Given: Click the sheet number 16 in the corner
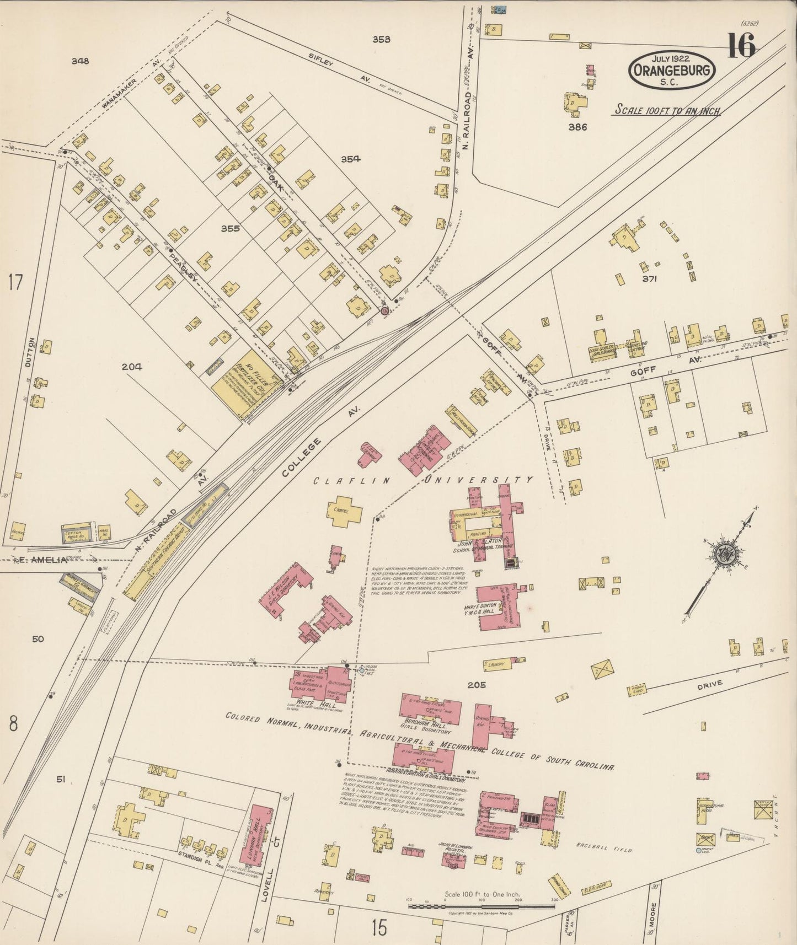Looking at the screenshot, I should point(741,45).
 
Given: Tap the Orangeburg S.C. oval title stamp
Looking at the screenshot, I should point(672,71).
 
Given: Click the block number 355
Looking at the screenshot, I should point(230,228).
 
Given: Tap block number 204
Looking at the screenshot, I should point(133,366).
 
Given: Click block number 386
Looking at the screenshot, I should point(577,127).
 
